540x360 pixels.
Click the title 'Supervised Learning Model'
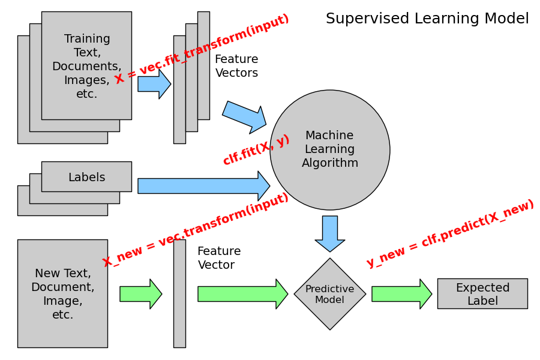[427, 19]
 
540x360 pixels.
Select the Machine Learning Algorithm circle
[329, 150]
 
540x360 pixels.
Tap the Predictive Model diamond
[330, 294]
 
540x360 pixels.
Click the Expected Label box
[482, 294]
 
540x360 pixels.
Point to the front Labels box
[86, 177]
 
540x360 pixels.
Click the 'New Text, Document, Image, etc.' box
[62, 293]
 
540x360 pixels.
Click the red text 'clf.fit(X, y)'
[256, 150]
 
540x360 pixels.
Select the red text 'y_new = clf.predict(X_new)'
[450, 233]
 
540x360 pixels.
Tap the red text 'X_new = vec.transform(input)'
[196, 230]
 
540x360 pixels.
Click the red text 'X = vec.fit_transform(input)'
[202, 49]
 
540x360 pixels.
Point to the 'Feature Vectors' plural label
[236, 66]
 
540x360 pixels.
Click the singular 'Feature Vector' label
[219, 258]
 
